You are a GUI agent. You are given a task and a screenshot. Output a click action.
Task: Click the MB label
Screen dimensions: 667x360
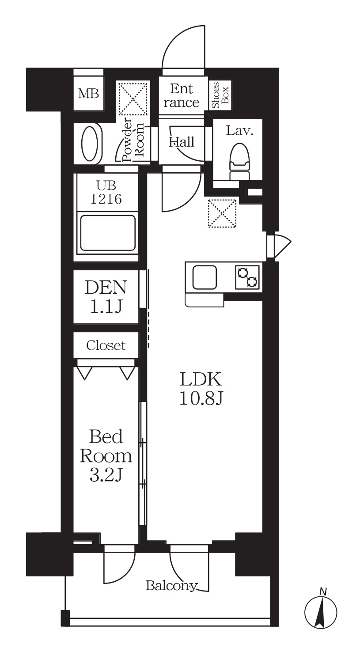[88, 94]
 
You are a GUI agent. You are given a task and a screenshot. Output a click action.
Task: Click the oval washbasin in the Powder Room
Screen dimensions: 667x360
[91, 144]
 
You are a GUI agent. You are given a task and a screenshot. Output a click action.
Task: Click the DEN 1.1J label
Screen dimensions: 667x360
[106, 296]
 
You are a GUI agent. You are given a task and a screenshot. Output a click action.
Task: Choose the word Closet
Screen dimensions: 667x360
[106, 345]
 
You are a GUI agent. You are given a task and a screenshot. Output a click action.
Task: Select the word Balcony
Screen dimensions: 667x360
[171, 586]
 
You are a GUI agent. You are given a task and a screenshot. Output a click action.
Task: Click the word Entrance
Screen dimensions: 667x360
[182, 96]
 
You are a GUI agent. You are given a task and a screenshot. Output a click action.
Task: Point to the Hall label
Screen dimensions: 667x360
[182, 142]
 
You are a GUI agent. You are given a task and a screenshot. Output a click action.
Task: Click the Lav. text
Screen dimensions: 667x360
[239, 131]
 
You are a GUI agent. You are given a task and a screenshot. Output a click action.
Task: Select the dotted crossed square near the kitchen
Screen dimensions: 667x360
[222, 213]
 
